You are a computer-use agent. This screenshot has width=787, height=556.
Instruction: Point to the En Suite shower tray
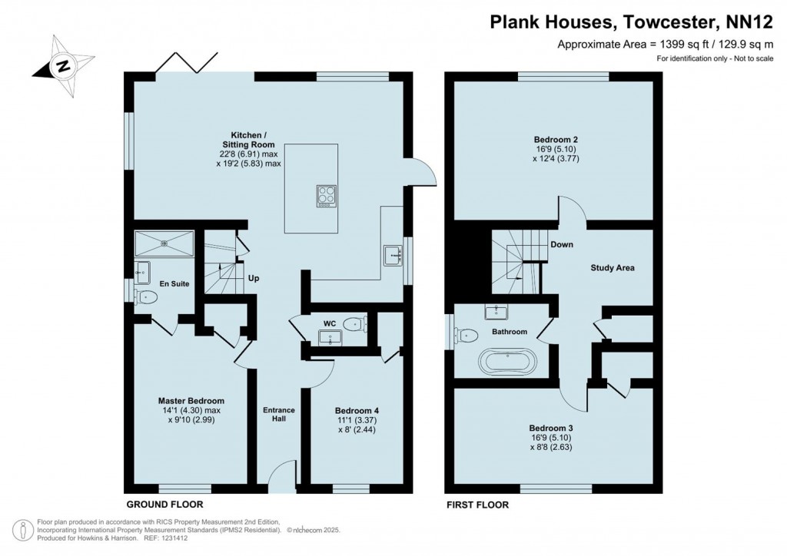point(164,244)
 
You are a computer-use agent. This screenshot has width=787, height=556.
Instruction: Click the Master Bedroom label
point(191,401)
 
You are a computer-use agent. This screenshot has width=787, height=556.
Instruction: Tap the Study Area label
point(612,268)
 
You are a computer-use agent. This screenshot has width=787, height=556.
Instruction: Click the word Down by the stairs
point(560,245)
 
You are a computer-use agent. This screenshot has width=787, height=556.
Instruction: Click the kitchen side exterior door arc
point(423,172)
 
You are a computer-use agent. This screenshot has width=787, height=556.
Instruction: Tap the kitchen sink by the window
point(393,254)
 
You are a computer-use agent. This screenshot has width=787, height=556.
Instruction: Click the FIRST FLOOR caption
point(477,505)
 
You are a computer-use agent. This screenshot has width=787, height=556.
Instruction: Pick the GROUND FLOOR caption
point(164,505)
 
